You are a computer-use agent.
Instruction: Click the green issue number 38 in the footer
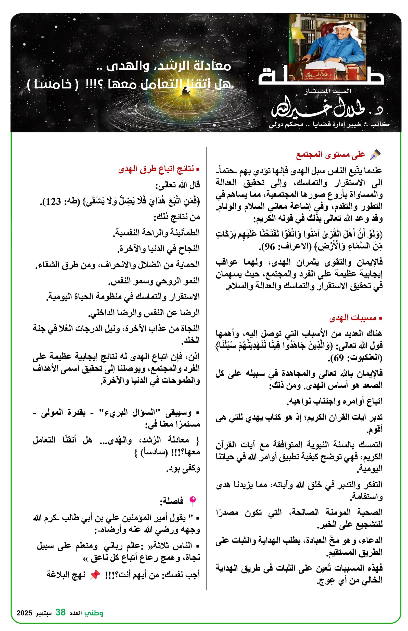coord(60,612)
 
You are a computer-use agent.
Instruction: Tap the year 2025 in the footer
coord(24,613)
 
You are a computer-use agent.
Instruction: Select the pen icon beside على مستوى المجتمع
coord(375,154)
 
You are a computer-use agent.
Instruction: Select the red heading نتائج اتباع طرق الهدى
coord(156,169)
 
